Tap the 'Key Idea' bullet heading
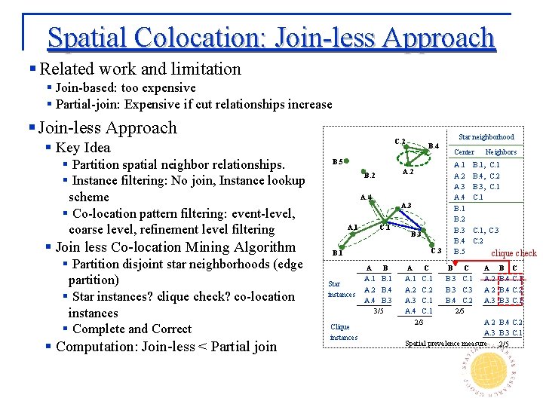(83, 148)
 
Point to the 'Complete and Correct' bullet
(131, 329)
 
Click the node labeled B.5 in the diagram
(339, 161)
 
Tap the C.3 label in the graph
(436, 249)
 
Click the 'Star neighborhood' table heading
(486, 137)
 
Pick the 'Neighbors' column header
(501, 152)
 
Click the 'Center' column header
(464, 152)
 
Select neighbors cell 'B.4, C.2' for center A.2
(486, 176)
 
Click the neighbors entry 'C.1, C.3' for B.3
(486, 230)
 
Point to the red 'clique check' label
(514, 253)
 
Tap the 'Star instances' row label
(342, 289)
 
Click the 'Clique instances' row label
(344, 332)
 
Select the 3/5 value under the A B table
(379, 310)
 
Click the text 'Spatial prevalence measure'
(446, 344)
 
